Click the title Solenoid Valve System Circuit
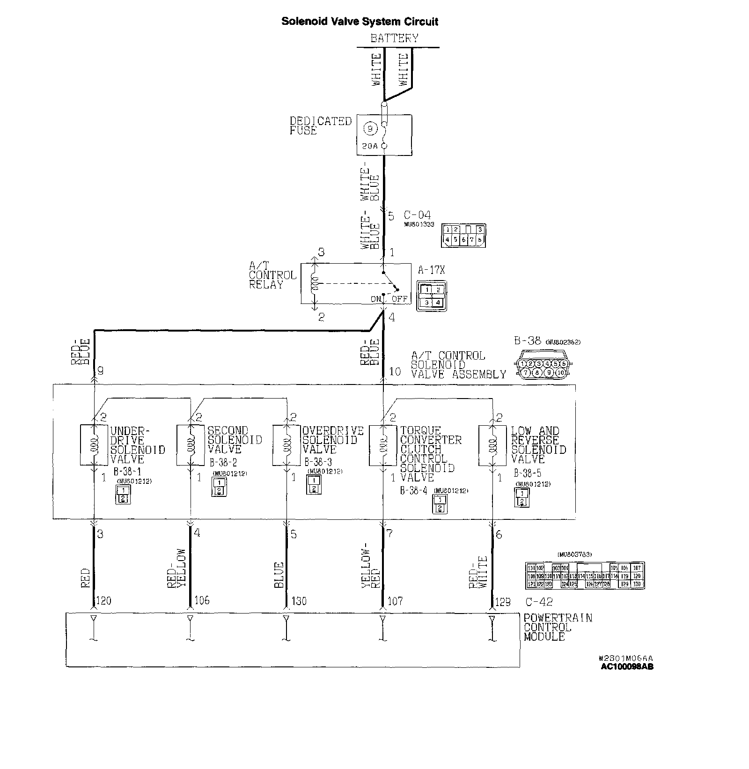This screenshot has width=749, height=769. coord(360,22)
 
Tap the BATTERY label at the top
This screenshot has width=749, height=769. coord(394,38)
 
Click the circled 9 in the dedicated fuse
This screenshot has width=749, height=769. coord(370,128)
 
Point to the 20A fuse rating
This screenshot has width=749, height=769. coord(369,146)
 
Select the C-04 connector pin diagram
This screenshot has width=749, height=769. coord(463,235)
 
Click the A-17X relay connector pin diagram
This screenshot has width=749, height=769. coord(432,296)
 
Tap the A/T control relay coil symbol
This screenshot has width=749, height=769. coord(315,283)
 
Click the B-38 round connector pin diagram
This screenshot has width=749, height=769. coord(543,368)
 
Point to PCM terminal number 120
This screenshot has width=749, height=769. coord(103,600)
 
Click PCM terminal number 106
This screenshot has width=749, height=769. coord(202,600)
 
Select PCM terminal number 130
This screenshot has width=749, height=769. coord(299,600)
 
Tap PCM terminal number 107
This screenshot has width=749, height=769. coord(395,600)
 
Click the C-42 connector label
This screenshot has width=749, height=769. coord(539,602)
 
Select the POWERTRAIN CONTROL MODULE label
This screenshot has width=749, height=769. coord(557,627)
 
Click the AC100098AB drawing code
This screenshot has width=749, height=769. coord(627,666)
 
